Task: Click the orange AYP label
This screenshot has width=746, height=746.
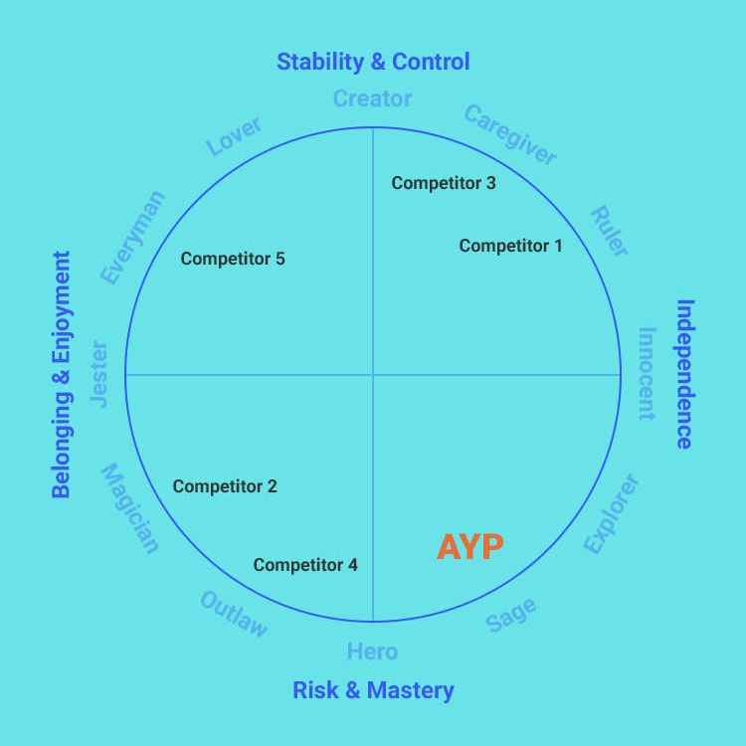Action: click(470, 546)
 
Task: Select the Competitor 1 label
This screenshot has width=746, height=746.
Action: click(510, 245)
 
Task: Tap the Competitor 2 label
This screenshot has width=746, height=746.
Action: click(225, 486)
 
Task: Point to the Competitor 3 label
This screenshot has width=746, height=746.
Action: click(443, 183)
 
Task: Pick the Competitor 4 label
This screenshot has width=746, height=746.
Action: click(305, 565)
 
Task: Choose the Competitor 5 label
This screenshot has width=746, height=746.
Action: click(233, 259)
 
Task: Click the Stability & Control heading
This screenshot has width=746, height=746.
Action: click(373, 62)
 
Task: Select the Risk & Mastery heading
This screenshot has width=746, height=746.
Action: click(373, 689)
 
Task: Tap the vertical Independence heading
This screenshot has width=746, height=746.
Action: click(685, 374)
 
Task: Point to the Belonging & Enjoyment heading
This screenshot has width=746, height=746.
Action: click(62, 374)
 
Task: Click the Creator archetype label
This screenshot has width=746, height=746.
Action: click(372, 98)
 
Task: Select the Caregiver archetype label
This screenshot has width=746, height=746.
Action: click(510, 135)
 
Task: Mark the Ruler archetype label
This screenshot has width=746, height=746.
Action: click(609, 232)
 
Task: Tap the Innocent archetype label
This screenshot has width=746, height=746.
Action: click(647, 374)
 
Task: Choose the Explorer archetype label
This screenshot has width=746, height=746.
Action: click(611, 514)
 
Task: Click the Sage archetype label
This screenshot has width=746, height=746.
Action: click(511, 615)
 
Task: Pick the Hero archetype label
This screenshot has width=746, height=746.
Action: click(372, 652)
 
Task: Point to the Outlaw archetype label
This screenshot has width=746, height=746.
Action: click(234, 614)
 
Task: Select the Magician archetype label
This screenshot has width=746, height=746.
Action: click(129, 508)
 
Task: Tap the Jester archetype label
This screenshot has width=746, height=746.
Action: click(98, 374)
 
